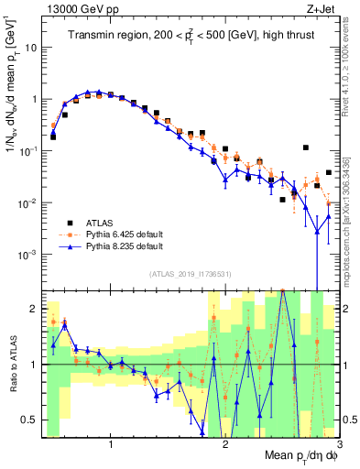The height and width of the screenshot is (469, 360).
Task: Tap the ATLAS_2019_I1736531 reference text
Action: [191, 274]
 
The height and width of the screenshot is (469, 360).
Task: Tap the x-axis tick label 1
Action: [111, 444]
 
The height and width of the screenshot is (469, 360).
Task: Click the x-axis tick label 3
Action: [337, 444]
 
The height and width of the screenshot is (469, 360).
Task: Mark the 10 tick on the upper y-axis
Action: [35, 47]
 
